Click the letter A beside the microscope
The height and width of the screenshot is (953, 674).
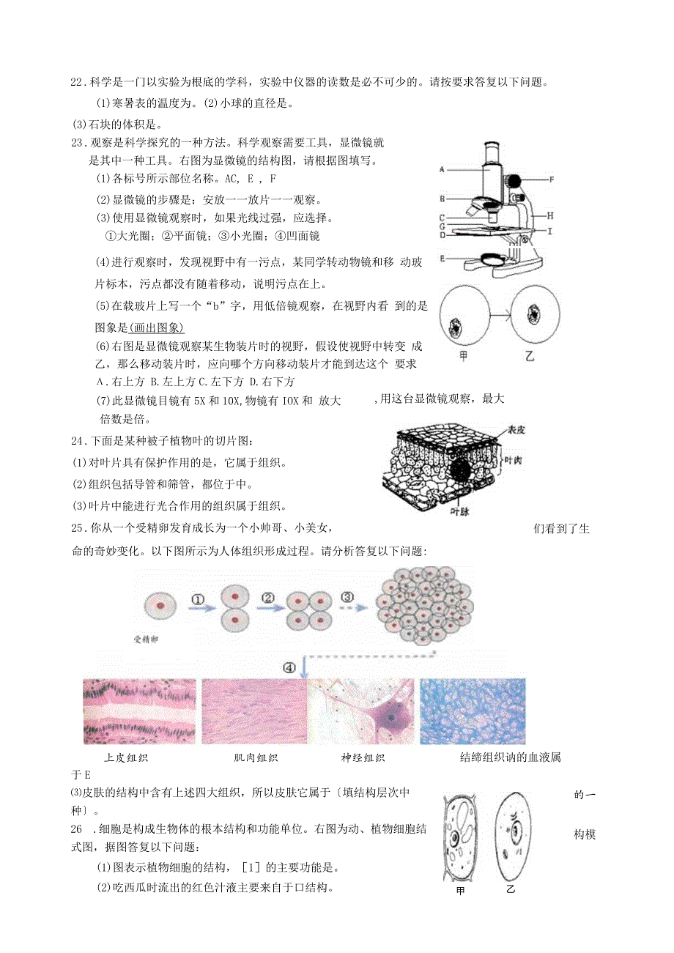coord(442,169)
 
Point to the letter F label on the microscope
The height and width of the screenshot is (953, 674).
coord(552,179)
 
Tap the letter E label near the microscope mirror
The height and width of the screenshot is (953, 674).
coord(442,258)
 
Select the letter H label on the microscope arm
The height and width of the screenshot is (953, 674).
coord(550,215)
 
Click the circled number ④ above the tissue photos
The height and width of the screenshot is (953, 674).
coord(290,667)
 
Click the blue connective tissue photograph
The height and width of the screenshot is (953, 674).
coord(473,711)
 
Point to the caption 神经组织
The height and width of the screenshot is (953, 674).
coord(363,758)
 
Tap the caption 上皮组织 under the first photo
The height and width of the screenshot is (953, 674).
coord(127,758)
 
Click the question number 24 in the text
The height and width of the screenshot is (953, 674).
coord(77,441)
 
